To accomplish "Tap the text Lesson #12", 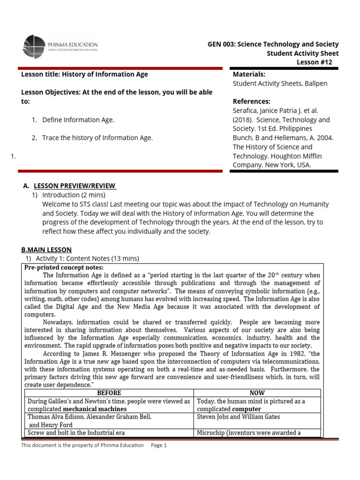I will [x=317, y=62].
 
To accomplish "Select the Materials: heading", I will [x=249, y=74].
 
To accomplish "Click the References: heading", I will [x=252, y=101].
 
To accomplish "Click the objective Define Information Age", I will [x=78, y=120].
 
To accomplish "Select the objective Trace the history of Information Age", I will [x=97, y=138].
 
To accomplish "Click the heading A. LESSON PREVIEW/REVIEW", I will [x=75, y=186].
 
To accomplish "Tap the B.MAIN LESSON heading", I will [x=46, y=250].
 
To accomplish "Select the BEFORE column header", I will [x=108, y=393].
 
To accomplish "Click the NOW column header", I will [x=257, y=393].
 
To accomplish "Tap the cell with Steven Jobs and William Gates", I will [x=239, y=417].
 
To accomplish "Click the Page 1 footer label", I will [x=159, y=445].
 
